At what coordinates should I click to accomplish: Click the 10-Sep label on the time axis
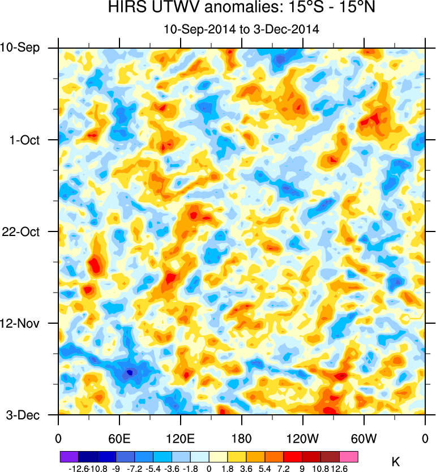(20, 48)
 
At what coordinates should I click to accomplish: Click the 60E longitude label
(119, 437)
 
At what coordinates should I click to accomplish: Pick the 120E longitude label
(181, 437)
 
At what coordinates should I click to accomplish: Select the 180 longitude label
(242, 437)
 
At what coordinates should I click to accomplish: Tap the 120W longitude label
(303, 437)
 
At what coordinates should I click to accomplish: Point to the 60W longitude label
(364, 437)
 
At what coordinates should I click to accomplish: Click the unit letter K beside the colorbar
(396, 462)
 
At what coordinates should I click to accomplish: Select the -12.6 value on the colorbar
(79, 468)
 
